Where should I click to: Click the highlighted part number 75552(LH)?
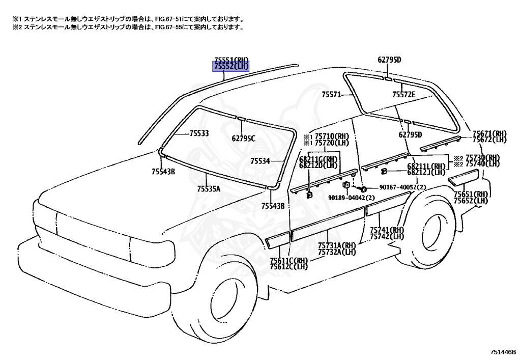230,67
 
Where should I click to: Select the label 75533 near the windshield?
199,133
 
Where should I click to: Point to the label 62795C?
243,137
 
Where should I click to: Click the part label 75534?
260,161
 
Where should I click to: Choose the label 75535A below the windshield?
209,189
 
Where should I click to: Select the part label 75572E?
404,94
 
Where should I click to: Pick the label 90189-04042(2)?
352,198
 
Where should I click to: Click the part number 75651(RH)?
471,194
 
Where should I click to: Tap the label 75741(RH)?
387,230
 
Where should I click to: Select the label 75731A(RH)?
337,245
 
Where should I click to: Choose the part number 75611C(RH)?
289,261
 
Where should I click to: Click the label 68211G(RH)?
319,159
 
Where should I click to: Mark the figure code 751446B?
503,352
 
